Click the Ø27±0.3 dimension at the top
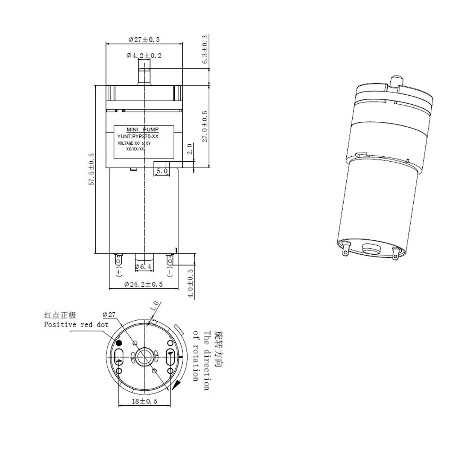click(144, 40)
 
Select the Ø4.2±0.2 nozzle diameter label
click(144, 55)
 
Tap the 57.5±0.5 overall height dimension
click(92, 169)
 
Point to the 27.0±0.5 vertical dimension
click(204, 126)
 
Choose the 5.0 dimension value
click(162, 171)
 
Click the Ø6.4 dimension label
click(144, 267)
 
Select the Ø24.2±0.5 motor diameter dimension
click(143, 284)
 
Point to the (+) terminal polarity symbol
click(119, 272)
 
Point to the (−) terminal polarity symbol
click(170, 272)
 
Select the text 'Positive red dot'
click(76, 324)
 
